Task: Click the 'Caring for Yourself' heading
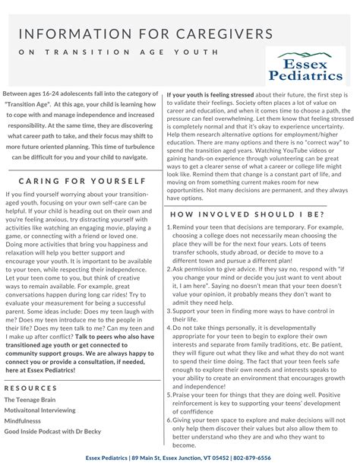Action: [x=82, y=182]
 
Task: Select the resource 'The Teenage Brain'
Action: [x=31, y=398]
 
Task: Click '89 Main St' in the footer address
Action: [x=142, y=458]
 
